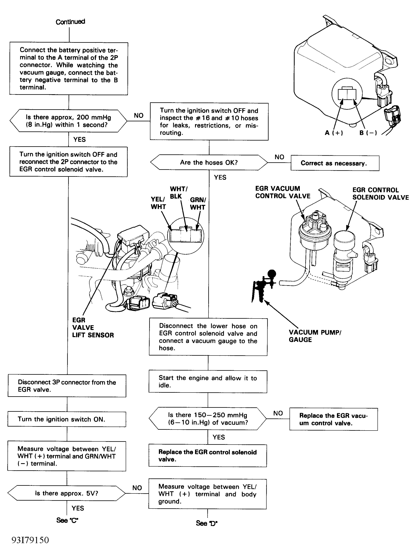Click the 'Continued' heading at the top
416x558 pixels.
[70, 22]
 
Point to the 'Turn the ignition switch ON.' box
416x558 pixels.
[67, 419]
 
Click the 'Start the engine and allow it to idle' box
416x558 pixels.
[208, 381]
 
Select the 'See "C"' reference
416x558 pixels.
[67, 520]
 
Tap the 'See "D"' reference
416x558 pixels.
[207, 523]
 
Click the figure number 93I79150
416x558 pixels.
[30, 540]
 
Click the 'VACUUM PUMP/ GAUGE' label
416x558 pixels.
[315, 336]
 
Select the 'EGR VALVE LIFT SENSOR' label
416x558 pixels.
[93, 328]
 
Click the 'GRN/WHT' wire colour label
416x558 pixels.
[198, 203]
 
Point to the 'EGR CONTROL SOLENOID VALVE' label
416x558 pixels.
[380, 194]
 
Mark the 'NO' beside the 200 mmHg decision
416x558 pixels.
[139, 115]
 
